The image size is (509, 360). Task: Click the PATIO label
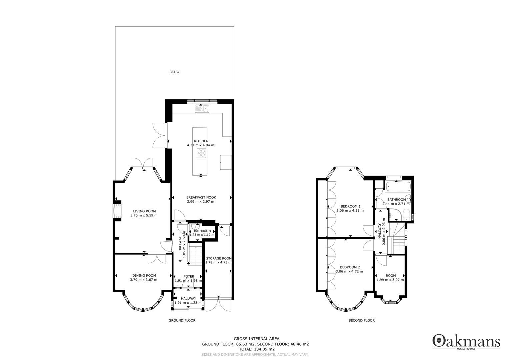[x=174, y=72]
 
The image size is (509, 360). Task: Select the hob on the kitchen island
[x=201, y=153]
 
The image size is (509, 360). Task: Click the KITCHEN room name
[x=201, y=141]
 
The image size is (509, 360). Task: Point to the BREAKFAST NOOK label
[x=201, y=197]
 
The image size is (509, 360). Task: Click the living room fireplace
[x=117, y=211]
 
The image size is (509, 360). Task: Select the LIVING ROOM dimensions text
[x=144, y=215]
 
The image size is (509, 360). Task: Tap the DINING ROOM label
[x=144, y=275]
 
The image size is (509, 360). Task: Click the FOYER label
[x=188, y=276]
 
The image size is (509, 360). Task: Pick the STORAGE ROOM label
[x=219, y=258]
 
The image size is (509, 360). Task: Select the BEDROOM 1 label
[x=350, y=206]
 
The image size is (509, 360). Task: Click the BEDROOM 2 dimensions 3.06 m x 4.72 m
[x=349, y=271]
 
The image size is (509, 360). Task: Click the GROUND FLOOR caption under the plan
[x=182, y=320]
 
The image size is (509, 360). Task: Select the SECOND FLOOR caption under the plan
[x=361, y=320]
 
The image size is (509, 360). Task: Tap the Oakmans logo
[x=466, y=342]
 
